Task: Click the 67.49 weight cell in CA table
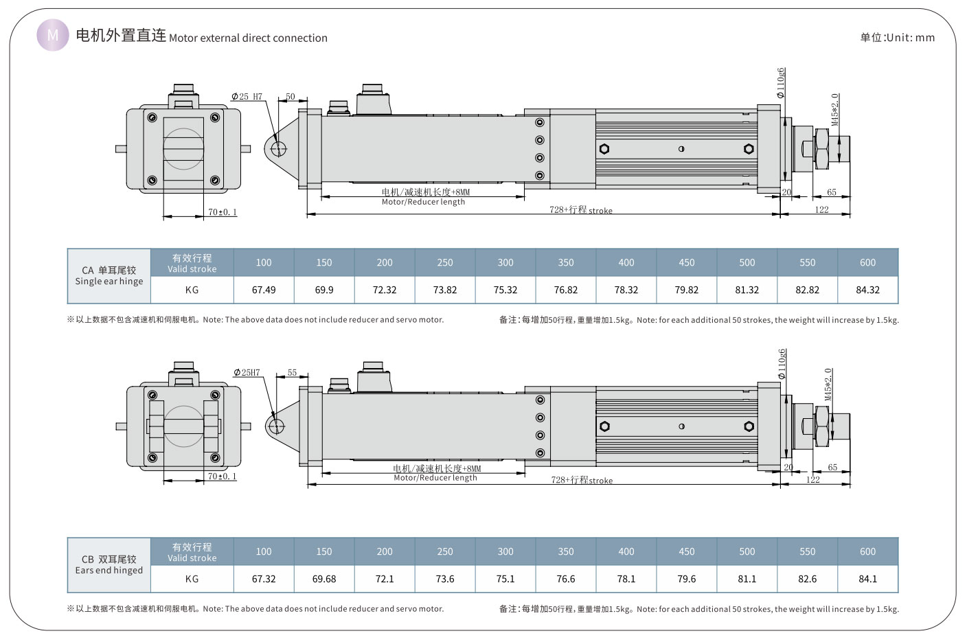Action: click(x=264, y=290)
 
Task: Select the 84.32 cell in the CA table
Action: click(x=867, y=290)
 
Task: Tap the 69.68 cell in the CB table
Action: click(x=324, y=579)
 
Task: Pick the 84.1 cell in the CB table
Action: click(x=867, y=579)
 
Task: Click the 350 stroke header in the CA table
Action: click(x=566, y=262)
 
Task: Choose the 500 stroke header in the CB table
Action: click(x=747, y=551)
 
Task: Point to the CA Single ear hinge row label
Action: click(x=109, y=275)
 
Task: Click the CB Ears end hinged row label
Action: click(x=109, y=564)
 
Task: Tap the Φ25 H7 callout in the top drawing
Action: click(x=247, y=97)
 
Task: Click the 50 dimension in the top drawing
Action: click(x=290, y=97)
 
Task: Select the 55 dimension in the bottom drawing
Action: click(x=292, y=372)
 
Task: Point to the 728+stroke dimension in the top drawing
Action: click(x=580, y=210)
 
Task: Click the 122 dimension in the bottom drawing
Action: click(x=813, y=479)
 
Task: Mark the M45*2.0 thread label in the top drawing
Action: click(x=835, y=109)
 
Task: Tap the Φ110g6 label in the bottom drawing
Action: click(x=782, y=365)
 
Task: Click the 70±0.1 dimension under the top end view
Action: click(x=222, y=212)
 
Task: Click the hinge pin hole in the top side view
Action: click(x=279, y=149)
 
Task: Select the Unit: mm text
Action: click(x=897, y=38)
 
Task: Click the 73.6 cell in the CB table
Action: click(x=445, y=579)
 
